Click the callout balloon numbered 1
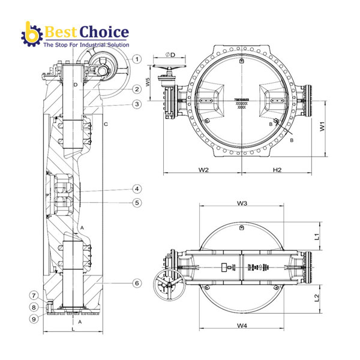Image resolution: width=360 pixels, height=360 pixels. click(x=137, y=59)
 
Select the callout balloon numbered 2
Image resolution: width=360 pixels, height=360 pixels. click(x=137, y=89)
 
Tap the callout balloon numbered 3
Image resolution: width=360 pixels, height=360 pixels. click(x=137, y=104)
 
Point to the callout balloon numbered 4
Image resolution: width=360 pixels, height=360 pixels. click(x=137, y=188)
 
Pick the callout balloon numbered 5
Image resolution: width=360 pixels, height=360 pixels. click(x=137, y=203)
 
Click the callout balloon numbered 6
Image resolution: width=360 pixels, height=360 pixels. click(x=137, y=283)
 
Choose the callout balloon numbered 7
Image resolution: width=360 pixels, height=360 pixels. click(x=34, y=295)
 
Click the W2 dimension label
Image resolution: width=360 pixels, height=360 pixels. click(x=203, y=170)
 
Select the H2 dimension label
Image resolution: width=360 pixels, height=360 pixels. click(x=277, y=170)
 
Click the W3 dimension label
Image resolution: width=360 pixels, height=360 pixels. click(x=242, y=203)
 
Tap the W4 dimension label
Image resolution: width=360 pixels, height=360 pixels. click(x=242, y=326)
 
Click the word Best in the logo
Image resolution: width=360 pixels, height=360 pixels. click(x=61, y=31)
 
